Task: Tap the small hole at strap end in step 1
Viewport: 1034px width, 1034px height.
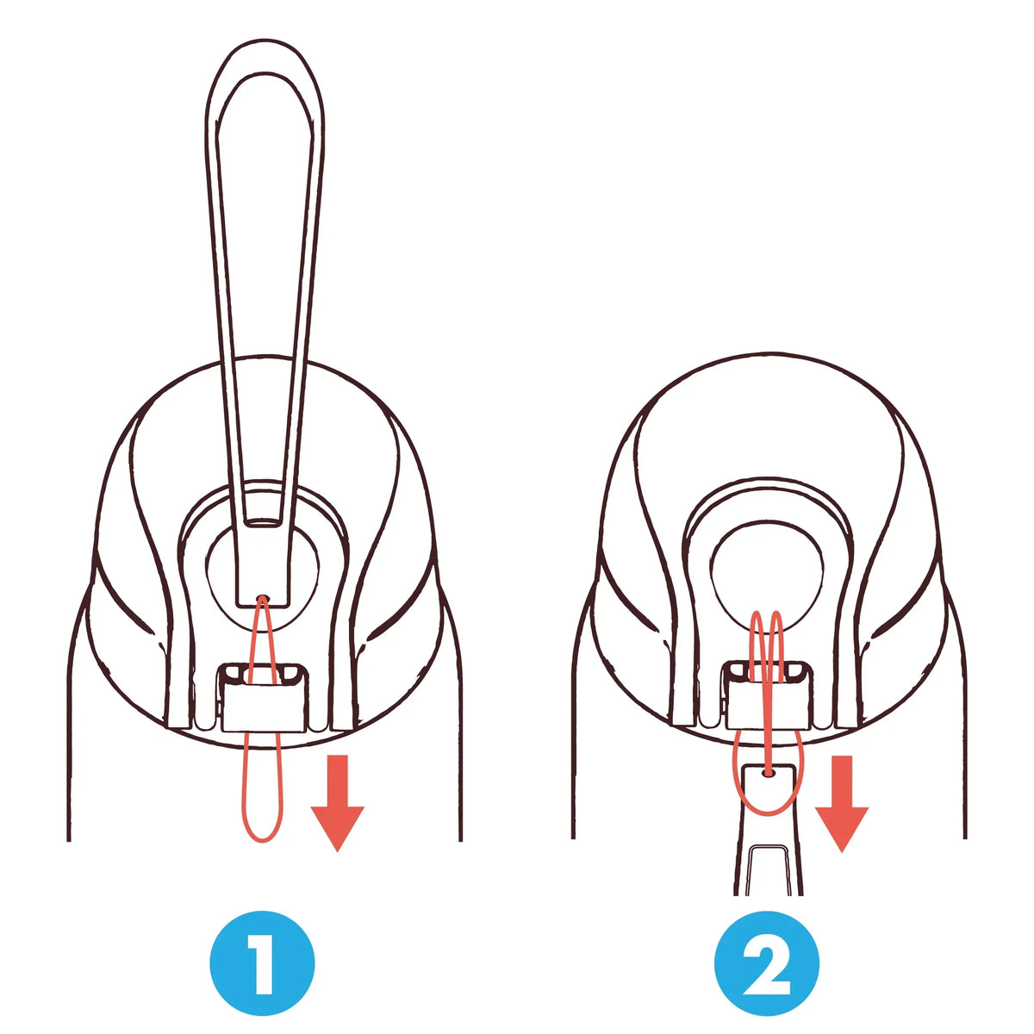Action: click(264, 597)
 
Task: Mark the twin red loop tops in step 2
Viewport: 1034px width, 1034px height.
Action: click(767, 615)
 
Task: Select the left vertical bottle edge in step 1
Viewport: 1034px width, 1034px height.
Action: click(68, 732)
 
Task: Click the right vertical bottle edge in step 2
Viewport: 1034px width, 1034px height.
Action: click(962, 732)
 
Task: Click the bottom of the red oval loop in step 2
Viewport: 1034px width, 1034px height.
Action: click(767, 813)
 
